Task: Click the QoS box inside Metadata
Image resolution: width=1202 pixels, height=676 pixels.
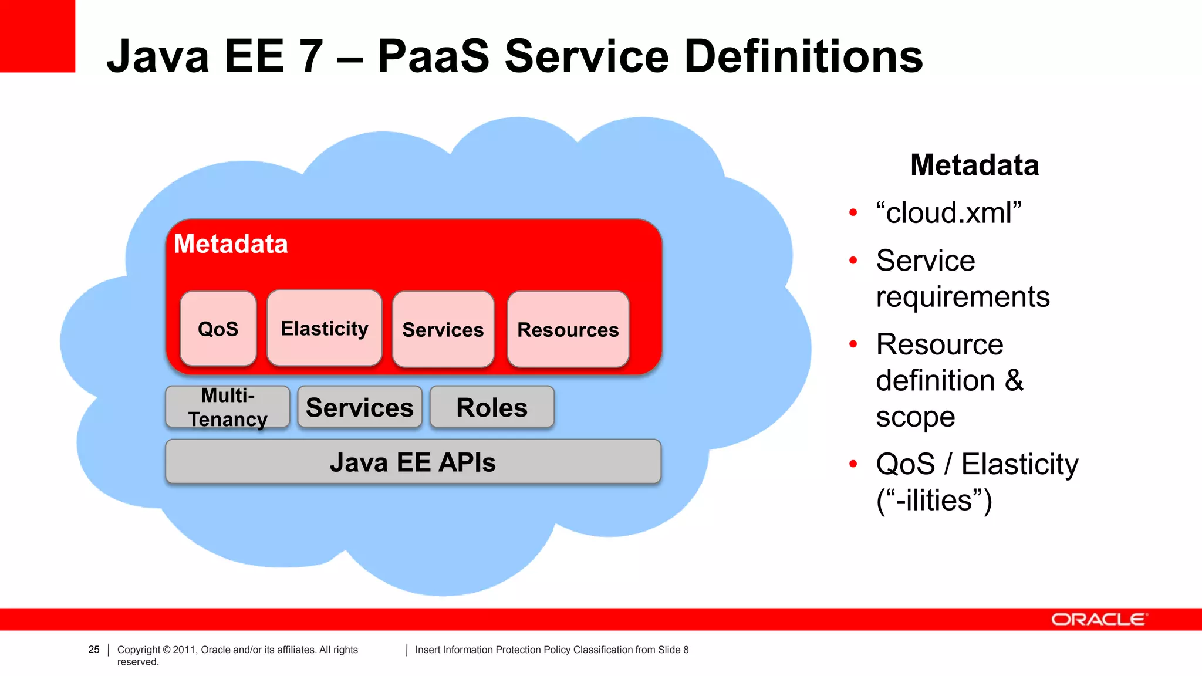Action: coord(218,329)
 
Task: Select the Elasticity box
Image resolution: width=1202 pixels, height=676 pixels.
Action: coord(324,328)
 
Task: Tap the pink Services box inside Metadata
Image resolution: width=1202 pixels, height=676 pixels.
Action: coord(443,329)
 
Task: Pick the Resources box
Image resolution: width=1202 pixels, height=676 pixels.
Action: coord(568,329)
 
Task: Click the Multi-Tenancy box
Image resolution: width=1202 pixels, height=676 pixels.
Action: coord(228,407)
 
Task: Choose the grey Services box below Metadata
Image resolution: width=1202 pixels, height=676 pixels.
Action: coord(359,407)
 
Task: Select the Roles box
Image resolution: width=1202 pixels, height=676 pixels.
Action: coord(492,407)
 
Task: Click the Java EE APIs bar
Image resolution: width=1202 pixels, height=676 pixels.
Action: coord(413,462)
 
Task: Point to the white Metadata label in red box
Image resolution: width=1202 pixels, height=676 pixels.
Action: coord(231,244)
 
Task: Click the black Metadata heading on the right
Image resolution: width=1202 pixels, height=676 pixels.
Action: coord(974,165)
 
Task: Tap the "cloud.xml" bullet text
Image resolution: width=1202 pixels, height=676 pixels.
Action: coord(948,212)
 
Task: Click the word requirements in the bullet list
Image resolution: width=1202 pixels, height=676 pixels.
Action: coord(963,297)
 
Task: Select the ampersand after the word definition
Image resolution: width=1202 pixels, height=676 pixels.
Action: coord(1014,381)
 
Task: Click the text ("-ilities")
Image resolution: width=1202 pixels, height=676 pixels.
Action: coord(934,501)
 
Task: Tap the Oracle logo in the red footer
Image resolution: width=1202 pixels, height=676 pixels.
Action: coord(1098,619)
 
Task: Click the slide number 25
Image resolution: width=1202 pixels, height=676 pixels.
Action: coord(94,650)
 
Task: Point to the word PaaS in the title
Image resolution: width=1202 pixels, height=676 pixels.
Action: coord(433,56)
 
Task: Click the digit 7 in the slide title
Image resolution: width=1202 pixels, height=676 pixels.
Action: coord(310,56)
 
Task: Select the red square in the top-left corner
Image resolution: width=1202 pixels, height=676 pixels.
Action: coord(38,36)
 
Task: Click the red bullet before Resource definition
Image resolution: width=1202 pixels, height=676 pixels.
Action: coord(853,344)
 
